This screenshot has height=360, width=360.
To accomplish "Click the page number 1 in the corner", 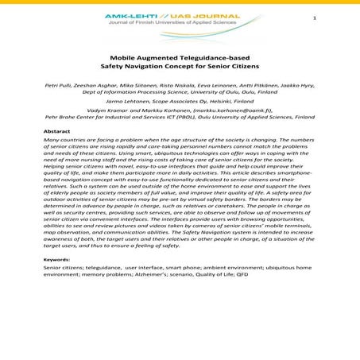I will pos(337,19).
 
